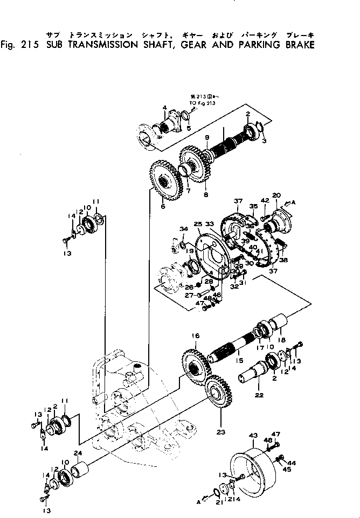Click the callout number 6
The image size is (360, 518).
tap(163, 207)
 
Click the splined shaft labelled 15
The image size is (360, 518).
tap(232, 350)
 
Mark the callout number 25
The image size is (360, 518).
tap(198, 223)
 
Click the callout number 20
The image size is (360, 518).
tap(277, 195)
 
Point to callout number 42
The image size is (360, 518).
tap(265, 201)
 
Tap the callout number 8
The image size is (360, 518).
tap(205, 194)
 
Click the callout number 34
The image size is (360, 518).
tap(184, 230)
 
